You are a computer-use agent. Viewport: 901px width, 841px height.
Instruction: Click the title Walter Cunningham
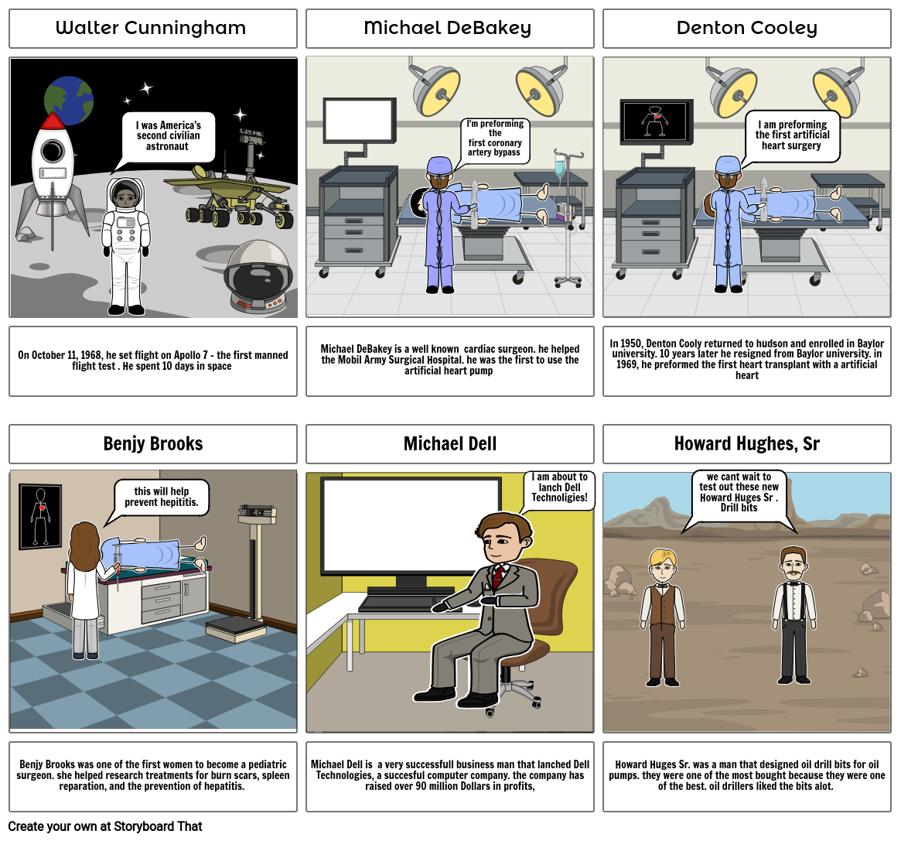tap(152, 29)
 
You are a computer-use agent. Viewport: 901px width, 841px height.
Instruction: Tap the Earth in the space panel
tap(69, 101)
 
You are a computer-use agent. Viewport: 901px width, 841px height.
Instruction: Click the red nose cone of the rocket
tap(52, 121)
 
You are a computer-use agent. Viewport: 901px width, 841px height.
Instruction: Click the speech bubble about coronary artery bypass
tap(495, 139)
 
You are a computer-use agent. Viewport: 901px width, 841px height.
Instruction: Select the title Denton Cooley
tap(746, 29)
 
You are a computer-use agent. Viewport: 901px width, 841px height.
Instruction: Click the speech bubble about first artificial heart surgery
tap(792, 135)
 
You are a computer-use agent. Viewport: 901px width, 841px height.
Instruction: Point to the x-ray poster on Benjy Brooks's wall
tap(39, 516)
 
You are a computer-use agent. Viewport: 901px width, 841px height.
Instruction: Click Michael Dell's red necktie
tap(499, 576)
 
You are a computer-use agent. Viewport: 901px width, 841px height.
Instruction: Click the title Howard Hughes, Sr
tap(746, 444)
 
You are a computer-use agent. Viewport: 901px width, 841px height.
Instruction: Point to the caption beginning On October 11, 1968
tap(152, 361)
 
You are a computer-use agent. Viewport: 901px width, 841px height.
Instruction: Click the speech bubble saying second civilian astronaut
tap(168, 136)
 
